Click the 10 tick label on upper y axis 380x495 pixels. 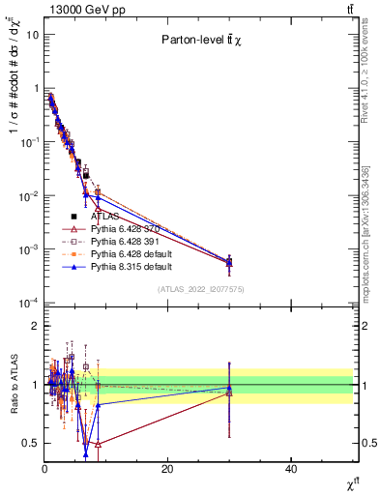click(32, 35)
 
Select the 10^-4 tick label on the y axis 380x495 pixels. click(28, 304)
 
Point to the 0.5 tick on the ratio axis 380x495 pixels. click(31, 443)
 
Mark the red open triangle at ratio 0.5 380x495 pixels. click(98, 444)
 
